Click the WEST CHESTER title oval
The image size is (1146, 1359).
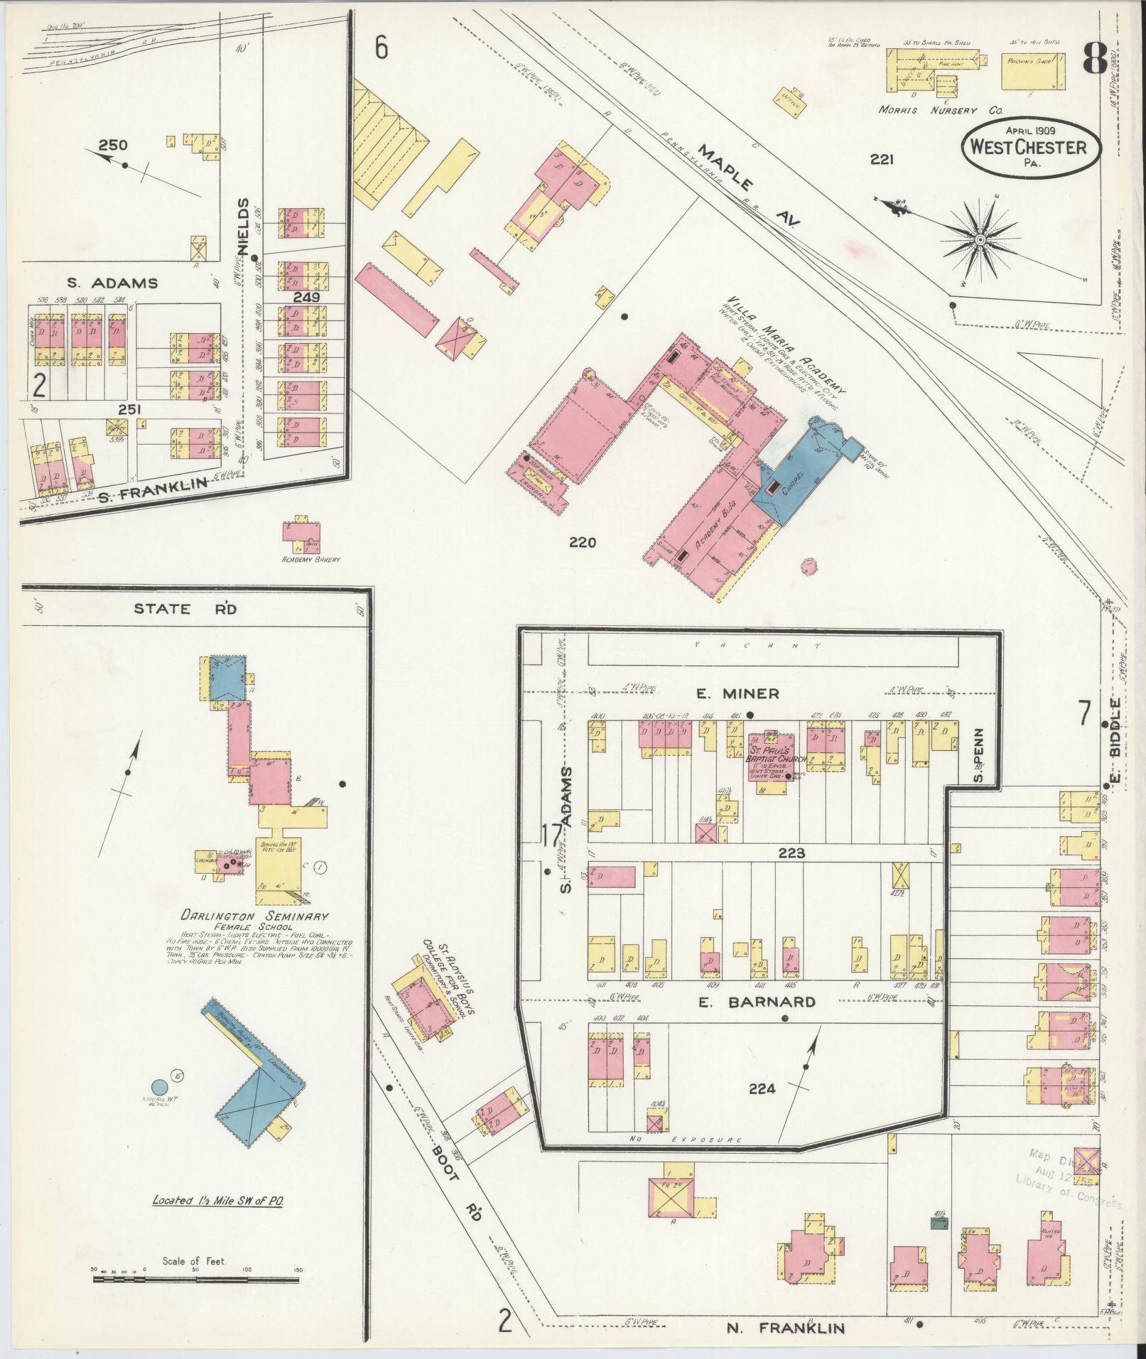[1032, 146]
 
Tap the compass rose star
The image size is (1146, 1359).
[980, 241]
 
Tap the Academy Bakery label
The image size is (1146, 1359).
[310, 560]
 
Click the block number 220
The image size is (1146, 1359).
[582, 543]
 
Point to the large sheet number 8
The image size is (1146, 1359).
[1095, 60]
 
